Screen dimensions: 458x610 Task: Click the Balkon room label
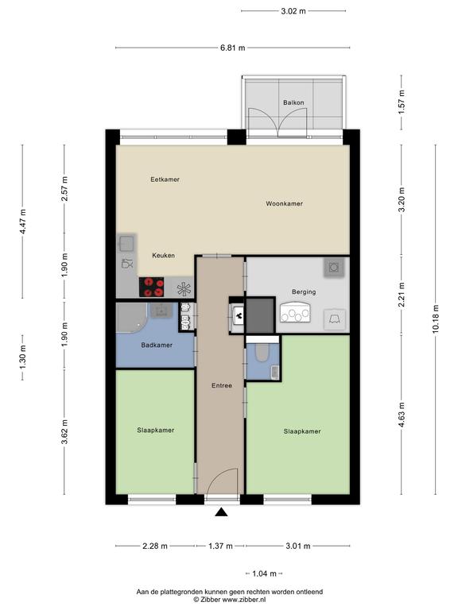tap(293, 102)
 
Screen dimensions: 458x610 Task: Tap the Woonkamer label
tap(285, 203)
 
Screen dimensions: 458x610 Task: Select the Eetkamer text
tap(165, 180)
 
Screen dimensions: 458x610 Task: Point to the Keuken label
tap(163, 256)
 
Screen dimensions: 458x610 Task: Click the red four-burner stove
tap(152, 287)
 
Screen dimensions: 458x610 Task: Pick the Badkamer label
tap(157, 345)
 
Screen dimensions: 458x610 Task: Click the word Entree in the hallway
tap(222, 385)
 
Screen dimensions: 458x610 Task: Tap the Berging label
tap(304, 291)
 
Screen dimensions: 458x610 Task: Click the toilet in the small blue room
tap(261, 352)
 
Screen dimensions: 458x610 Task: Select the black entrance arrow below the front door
tap(222, 512)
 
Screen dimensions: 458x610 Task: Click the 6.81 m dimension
tap(233, 48)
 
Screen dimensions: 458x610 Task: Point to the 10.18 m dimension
tap(436, 319)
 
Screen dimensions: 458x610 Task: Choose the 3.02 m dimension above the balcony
tap(293, 11)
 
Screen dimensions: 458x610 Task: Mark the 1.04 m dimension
tap(265, 573)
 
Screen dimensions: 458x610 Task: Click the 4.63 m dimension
tap(402, 415)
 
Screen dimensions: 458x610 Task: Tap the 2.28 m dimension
tap(155, 546)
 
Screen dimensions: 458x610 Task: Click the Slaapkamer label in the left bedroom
tap(155, 430)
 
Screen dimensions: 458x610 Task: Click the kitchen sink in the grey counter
tap(126, 244)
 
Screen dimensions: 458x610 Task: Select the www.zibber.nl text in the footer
tap(244, 600)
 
